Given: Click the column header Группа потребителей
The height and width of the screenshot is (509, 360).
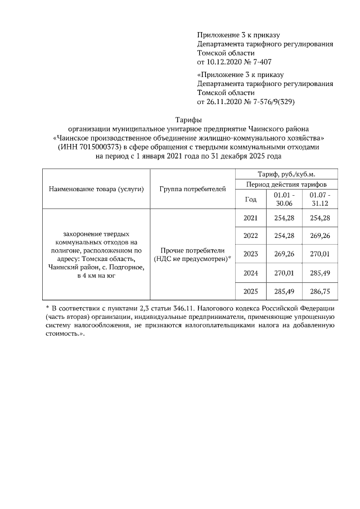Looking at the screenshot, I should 192,188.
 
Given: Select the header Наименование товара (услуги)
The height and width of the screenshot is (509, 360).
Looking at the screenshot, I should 96,188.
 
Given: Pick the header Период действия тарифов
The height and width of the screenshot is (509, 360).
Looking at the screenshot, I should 286,184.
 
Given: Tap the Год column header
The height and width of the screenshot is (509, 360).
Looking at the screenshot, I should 251,199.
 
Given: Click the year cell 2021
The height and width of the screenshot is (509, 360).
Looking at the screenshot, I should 251,218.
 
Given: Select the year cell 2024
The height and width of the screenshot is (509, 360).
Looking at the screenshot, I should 251,273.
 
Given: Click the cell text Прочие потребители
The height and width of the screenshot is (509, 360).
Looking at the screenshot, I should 192,250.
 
